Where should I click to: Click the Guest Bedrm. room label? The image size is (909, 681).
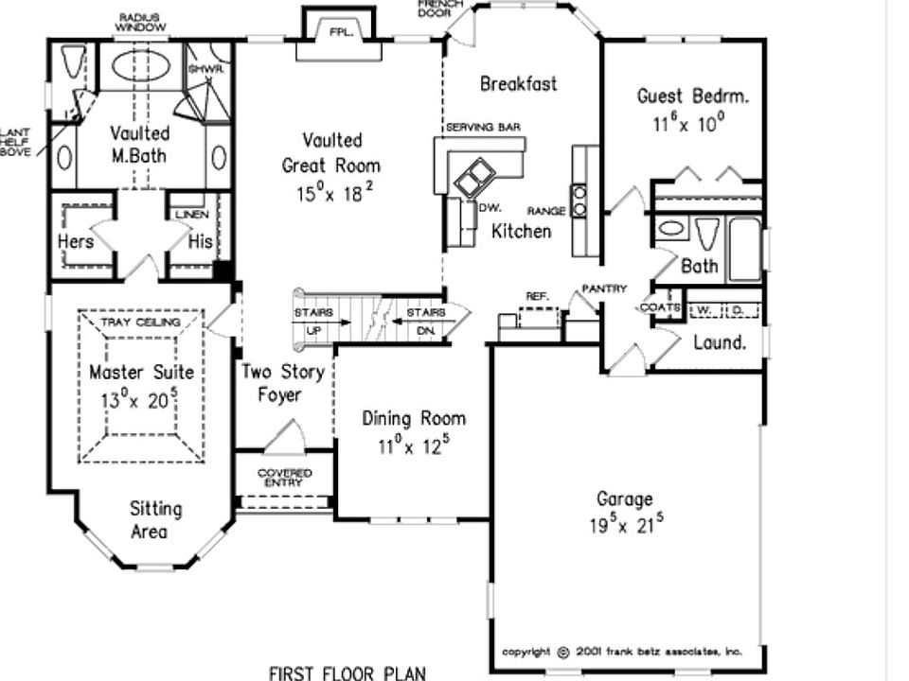click(692, 96)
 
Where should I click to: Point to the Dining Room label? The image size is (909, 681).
click(414, 419)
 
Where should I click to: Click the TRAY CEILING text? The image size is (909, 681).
click(140, 323)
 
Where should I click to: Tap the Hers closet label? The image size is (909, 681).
click(76, 241)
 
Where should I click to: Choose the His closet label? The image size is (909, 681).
click(200, 241)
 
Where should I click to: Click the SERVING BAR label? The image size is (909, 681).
click(483, 127)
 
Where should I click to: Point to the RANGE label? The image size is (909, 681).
click(546, 210)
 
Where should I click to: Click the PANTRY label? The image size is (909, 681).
click(604, 288)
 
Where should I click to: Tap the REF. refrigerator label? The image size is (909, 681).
click(537, 296)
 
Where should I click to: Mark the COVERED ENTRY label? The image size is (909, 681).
click(284, 478)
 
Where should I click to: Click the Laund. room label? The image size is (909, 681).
click(720, 342)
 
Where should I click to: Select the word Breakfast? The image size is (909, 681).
click(518, 83)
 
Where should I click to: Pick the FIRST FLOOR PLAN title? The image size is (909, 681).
click(347, 672)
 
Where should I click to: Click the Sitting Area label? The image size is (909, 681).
click(155, 520)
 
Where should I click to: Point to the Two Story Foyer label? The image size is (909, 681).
click(282, 383)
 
